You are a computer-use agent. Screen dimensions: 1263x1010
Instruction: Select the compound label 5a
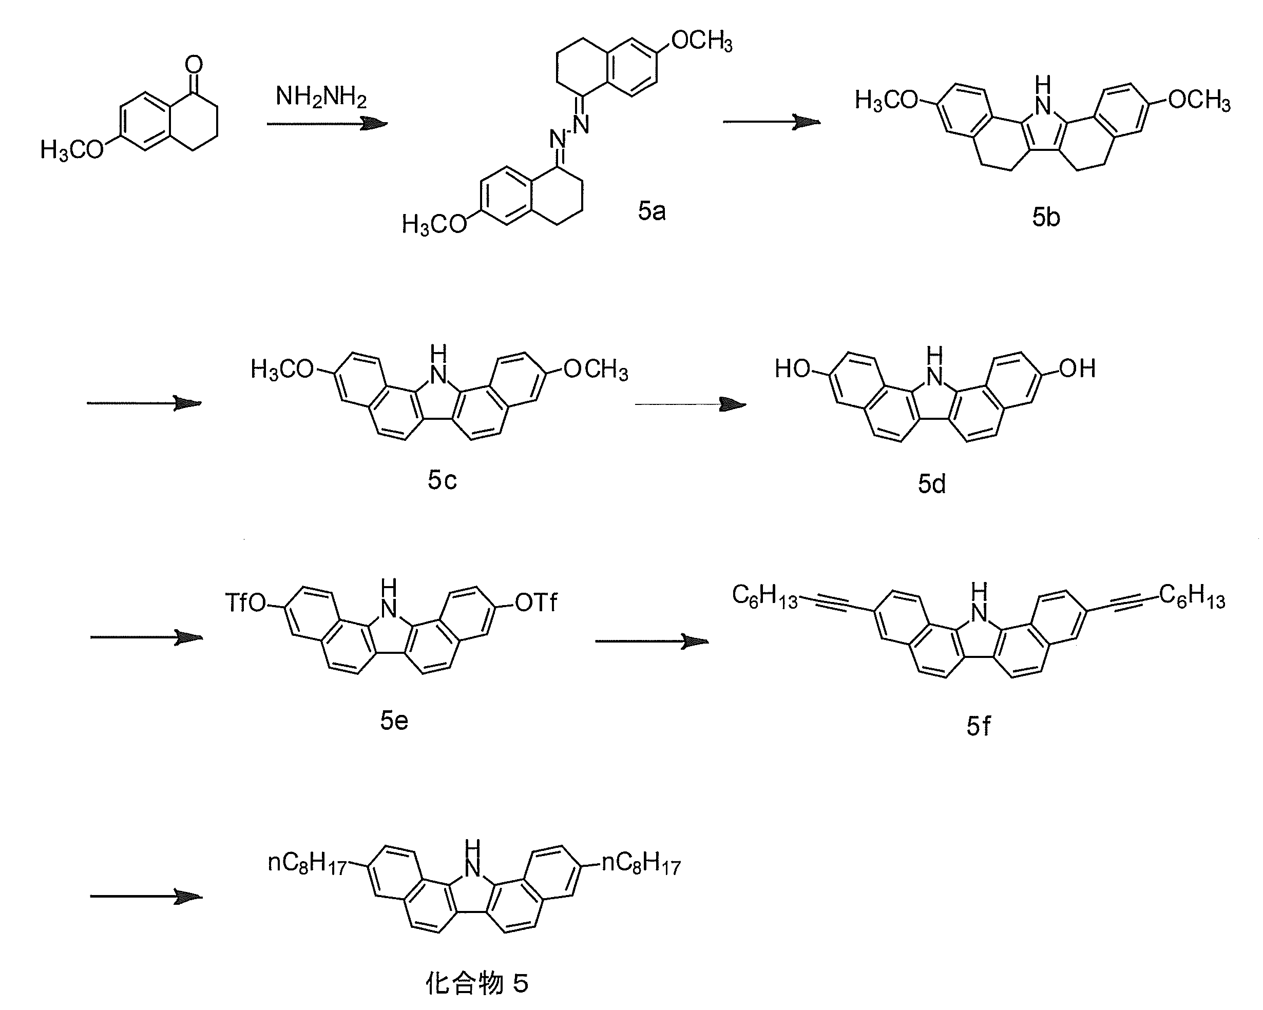pyautogui.click(x=652, y=211)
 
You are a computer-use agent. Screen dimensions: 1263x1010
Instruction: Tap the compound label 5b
pyautogui.click(x=1046, y=217)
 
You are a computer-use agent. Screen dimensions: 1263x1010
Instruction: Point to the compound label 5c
pyautogui.click(x=442, y=480)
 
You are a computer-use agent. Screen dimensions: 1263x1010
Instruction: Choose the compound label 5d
pyautogui.click(x=931, y=483)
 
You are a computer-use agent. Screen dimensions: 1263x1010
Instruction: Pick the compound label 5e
pyautogui.click(x=394, y=720)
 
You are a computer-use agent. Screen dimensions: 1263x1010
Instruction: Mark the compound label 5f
pyautogui.click(x=978, y=726)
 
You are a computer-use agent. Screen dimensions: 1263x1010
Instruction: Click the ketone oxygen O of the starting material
pyautogui.click(x=194, y=64)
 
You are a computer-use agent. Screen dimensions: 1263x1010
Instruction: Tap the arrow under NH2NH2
pyautogui.click(x=327, y=124)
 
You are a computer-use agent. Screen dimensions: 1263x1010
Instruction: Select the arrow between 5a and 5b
pyautogui.click(x=772, y=122)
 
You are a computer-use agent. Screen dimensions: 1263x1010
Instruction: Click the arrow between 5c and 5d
pyautogui.click(x=690, y=404)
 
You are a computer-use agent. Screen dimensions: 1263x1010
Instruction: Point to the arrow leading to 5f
pyautogui.click(x=652, y=642)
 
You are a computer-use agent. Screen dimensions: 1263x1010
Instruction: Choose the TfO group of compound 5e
pyautogui.click(x=246, y=603)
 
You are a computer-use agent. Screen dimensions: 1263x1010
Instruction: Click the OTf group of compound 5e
pyautogui.click(x=536, y=603)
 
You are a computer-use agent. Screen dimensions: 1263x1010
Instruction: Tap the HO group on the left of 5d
pyautogui.click(x=793, y=369)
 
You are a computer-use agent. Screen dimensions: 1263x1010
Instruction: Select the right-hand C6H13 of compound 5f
pyautogui.click(x=1192, y=597)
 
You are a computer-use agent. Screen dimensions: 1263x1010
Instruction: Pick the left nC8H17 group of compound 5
pyautogui.click(x=307, y=863)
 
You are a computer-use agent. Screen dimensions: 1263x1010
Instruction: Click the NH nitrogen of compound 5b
pyautogui.click(x=1042, y=106)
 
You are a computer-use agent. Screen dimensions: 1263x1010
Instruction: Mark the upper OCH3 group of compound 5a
pyautogui.click(x=702, y=41)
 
